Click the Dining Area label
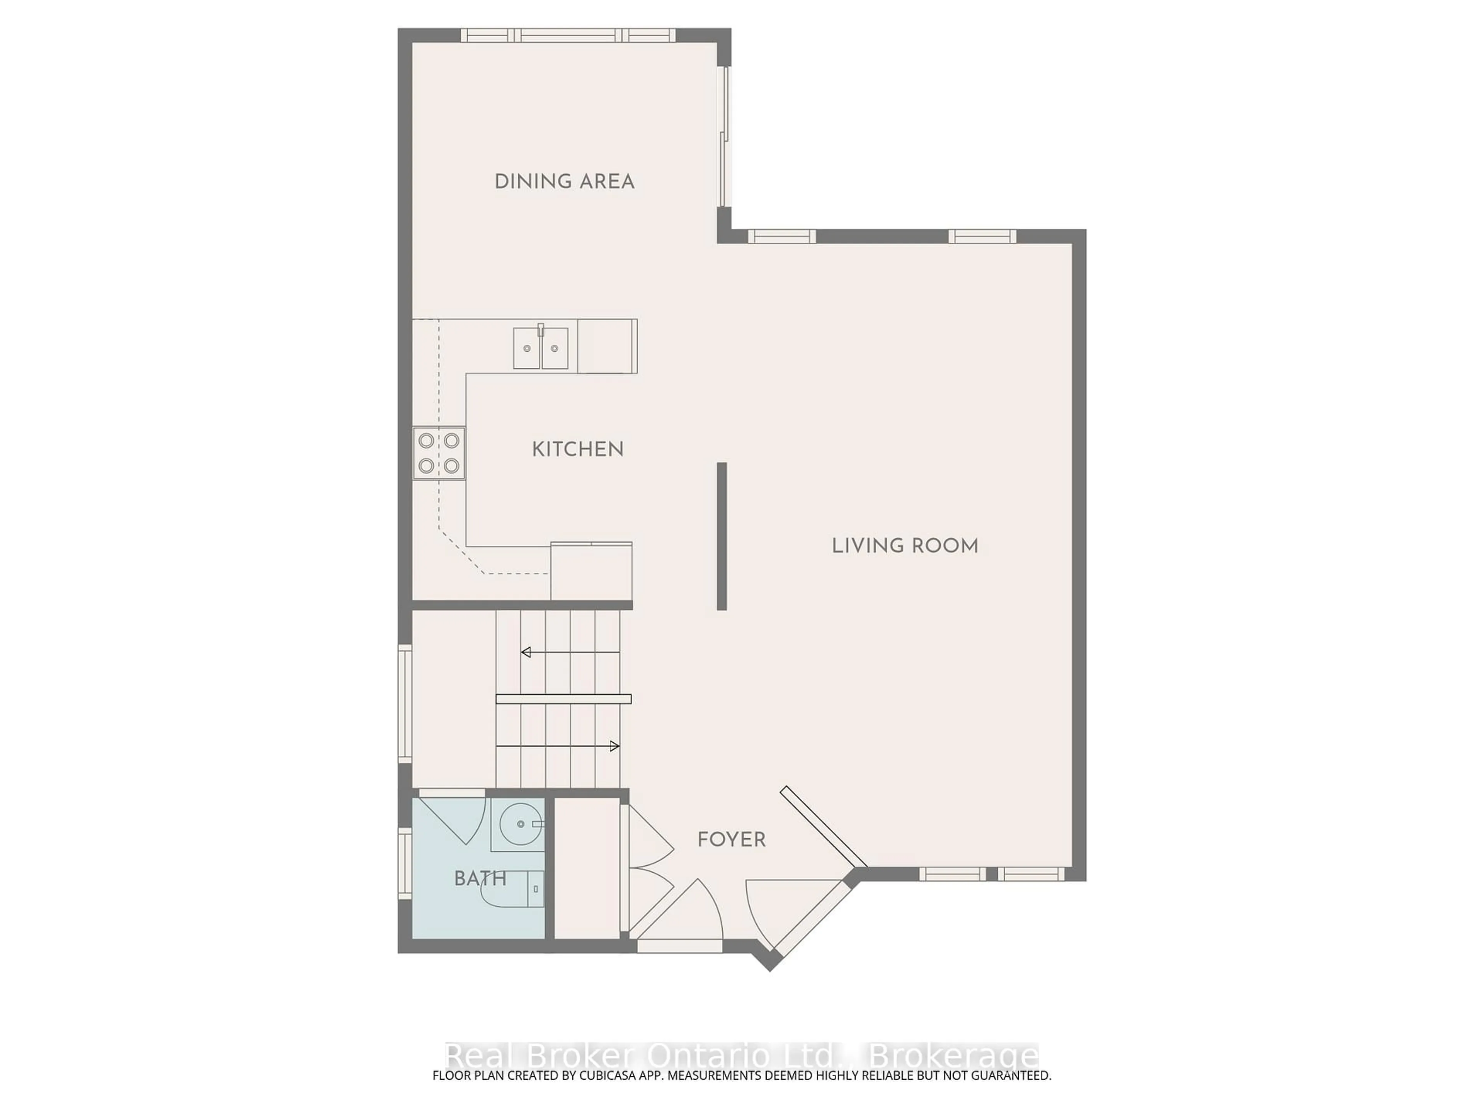pyautogui.click(x=564, y=182)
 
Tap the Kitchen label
pyautogui.click(x=578, y=449)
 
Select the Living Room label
pyautogui.click(x=905, y=546)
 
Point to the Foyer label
pyautogui.click(x=731, y=840)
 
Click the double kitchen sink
pyautogui.click(x=541, y=347)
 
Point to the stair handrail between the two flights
pyautogui.click(x=563, y=699)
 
